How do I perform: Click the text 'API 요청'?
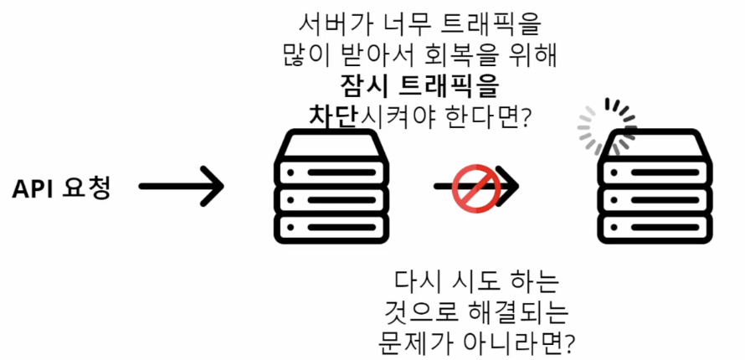[61, 187]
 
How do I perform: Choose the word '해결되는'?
[516, 311]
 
